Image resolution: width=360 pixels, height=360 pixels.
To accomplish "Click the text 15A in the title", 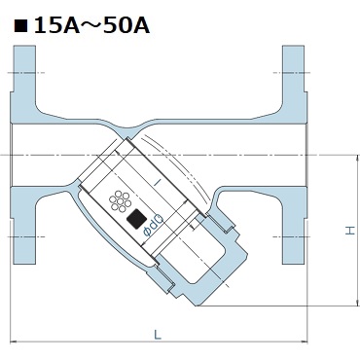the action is coord(56,25).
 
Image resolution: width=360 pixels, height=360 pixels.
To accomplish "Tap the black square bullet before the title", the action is coord(20,26).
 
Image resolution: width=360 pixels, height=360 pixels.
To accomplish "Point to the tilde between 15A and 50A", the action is coord(91,26).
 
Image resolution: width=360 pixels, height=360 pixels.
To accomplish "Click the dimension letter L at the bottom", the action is coord(158,334).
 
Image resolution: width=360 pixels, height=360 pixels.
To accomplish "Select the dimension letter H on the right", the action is coord(350,231).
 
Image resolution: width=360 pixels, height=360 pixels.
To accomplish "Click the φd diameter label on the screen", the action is coord(153,226).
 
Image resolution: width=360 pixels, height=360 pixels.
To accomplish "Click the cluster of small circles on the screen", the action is coord(120,202).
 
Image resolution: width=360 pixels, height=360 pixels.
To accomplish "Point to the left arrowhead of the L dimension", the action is coord(13,342).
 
